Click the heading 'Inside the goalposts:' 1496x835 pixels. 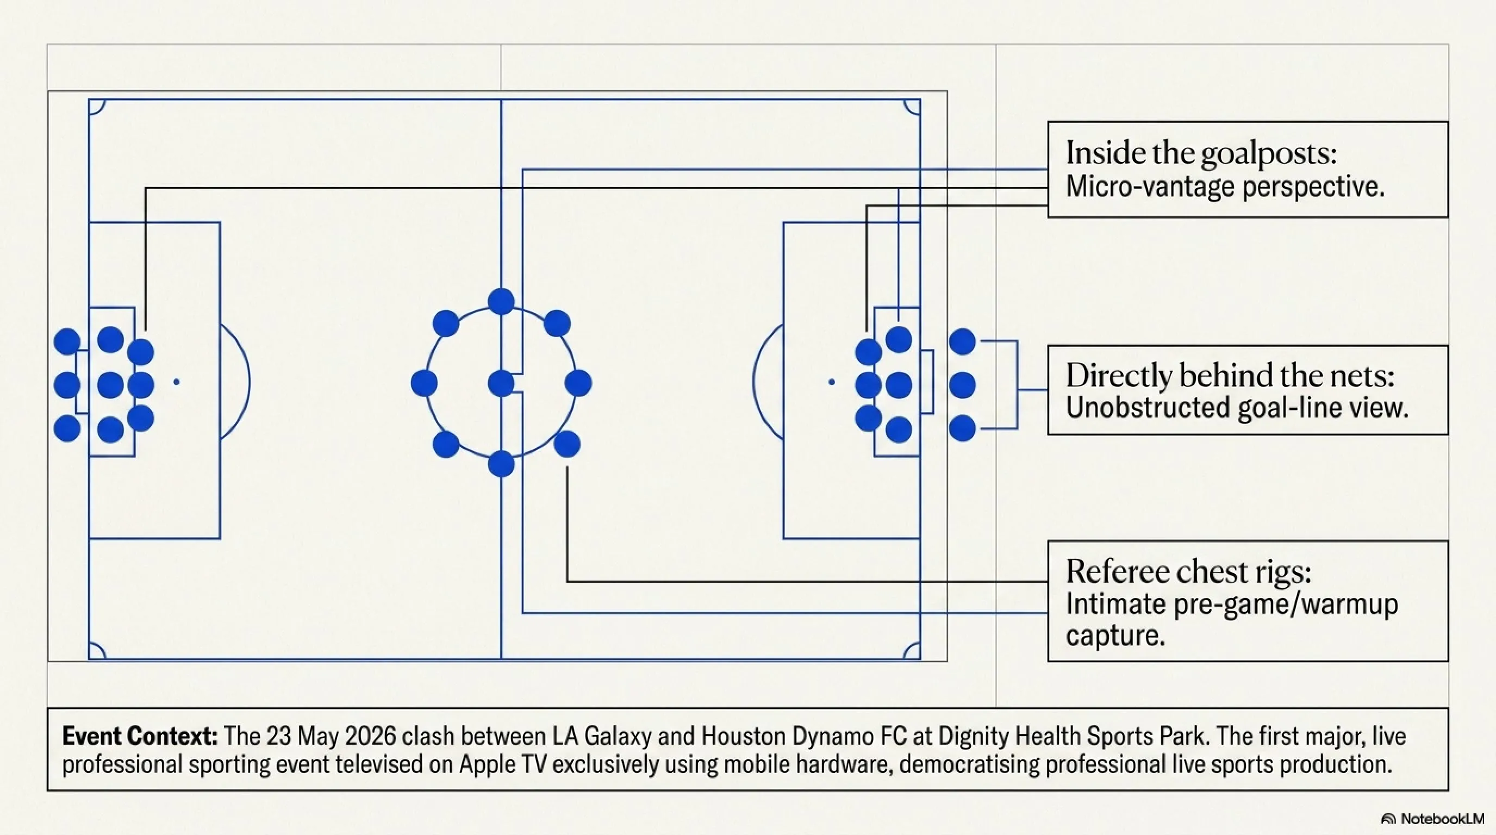pyautogui.click(x=1201, y=153)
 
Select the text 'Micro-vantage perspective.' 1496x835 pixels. pyautogui.click(x=1225, y=187)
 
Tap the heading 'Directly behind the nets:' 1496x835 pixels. pyautogui.click(x=1230, y=375)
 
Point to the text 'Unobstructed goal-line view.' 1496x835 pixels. pyautogui.click(x=1237, y=408)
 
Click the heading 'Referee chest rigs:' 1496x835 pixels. pyautogui.click(x=1188, y=571)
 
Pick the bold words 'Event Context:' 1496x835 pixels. pyautogui.click(x=140, y=736)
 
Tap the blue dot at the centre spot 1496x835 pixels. pyautogui.click(x=501, y=383)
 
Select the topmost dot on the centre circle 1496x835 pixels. pyautogui.click(x=501, y=302)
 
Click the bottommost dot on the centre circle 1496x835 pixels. pyautogui.click(x=501, y=464)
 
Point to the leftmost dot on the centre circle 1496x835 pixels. pyautogui.click(x=424, y=383)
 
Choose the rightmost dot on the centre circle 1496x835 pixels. pyautogui.click(x=578, y=383)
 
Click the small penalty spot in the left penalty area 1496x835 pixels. pyautogui.click(x=177, y=382)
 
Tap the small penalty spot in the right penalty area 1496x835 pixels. pyautogui.click(x=832, y=382)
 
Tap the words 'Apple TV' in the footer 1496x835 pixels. pyautogui.click(x=503, y=764)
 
